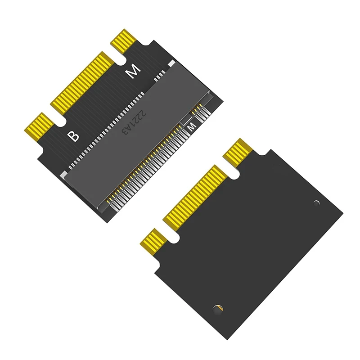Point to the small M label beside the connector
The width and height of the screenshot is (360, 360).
tap(190, 128)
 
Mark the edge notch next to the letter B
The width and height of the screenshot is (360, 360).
tap(57, 120)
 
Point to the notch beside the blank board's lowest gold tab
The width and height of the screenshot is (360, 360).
tap(171, 234)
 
